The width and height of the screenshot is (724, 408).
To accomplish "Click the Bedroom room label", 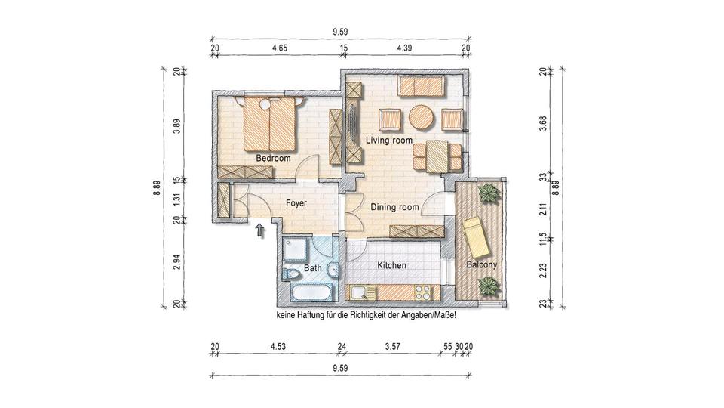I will (x=273, y=159).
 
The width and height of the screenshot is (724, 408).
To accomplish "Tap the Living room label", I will (x=389, y=141).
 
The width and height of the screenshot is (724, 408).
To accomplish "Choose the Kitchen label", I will (x=391, y=266).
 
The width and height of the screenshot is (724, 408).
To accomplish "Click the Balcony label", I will (x=481, y=266).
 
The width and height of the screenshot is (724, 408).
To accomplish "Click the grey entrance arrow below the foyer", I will (x=261, y=230).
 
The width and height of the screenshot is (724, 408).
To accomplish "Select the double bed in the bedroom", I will (x=269, y=126).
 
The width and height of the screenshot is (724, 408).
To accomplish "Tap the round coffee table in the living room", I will (x=422, y=118).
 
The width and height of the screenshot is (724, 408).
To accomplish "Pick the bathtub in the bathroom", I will (x=309, y=292).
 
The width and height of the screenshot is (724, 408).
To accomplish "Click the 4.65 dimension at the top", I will (x=278, y=48).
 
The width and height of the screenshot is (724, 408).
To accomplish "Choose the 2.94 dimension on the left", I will (x=176, y=262).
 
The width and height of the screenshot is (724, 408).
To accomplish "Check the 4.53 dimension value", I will (x=277, y=347).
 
